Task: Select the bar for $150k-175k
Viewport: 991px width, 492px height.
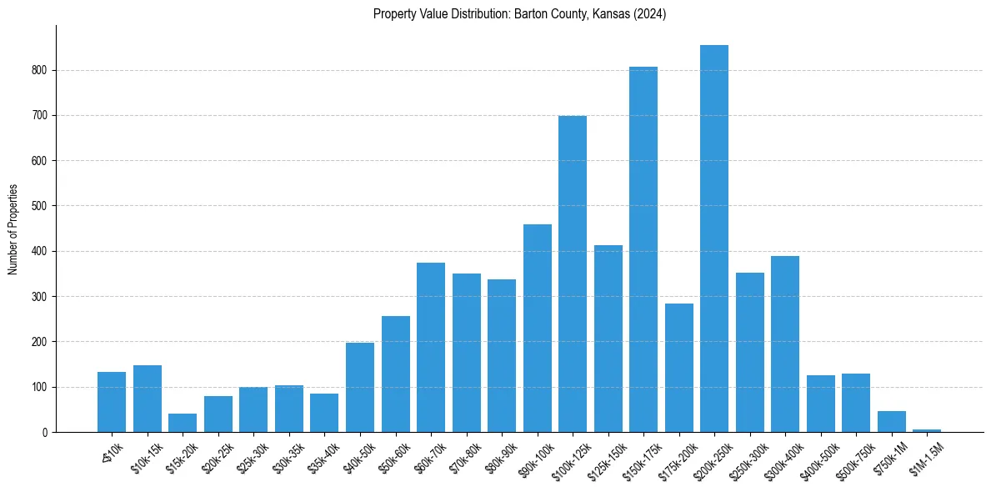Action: point(643,249)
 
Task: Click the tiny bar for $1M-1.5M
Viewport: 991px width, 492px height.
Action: point(927,430)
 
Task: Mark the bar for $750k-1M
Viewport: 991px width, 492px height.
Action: point(892,422)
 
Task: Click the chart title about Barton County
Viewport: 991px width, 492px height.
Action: point(519,14)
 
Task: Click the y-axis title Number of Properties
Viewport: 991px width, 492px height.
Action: point(13,229)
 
